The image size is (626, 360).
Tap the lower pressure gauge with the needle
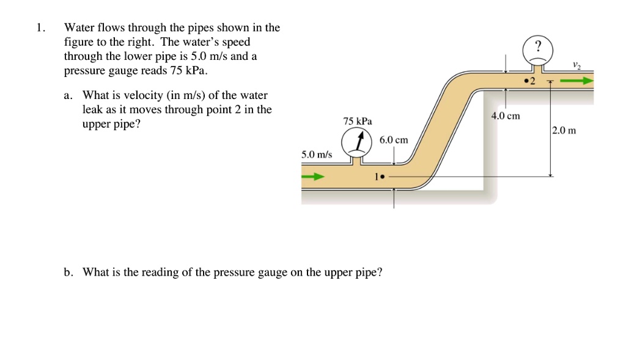pyautogui.click(x=353, y=144)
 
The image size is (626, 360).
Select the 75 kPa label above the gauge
pyautogui.click(x=358, y=121)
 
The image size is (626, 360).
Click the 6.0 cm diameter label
pyautogui.click(x=393, y=140)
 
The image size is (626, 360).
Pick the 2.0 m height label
pyautogui.click(x=564, y=130)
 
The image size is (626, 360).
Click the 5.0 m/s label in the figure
pyautogui.click(x=317, y=155)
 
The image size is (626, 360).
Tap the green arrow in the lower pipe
pyautogui.click(x=312, y=177)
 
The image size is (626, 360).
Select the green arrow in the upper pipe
pyautogui.click(x=577, y=80)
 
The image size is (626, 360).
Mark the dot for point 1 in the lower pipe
pyautogui.click(x=381, y=177)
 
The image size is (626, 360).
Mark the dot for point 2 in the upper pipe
pyautogui.click(x=525, y=81)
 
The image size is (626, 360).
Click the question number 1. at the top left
pyautogui.click(x=40, y=28)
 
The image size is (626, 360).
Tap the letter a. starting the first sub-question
pyautogui.click(x=68, y=96)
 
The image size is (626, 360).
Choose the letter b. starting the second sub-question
pyautogui.click(x=68, y=272)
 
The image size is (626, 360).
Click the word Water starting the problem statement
pyautogui.click(x=78, y=28)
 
